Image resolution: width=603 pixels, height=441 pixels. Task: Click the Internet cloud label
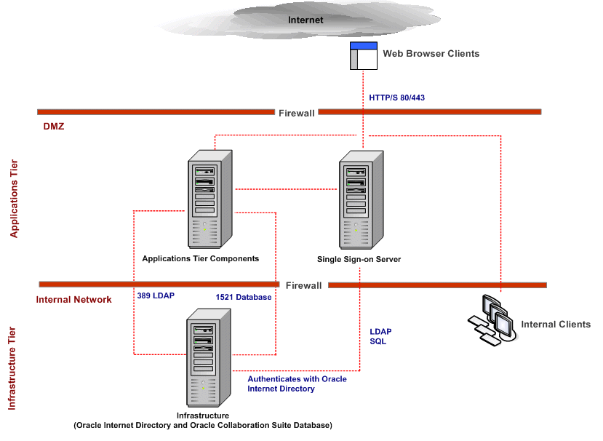pos(306,20)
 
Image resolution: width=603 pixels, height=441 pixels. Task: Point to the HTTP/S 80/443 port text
pos(396,98)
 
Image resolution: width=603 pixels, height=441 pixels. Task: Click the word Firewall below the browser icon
pos(296,113)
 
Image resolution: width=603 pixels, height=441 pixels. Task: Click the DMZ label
pos(54,126)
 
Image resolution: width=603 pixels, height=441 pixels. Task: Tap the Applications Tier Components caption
pos(201,259)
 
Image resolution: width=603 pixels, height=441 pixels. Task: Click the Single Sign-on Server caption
pos(359,260)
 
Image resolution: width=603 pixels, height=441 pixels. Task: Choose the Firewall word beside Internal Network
pos(303,285)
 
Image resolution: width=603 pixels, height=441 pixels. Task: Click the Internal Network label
pos(74,299)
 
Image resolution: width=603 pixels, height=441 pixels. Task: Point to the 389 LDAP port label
pos(155,296)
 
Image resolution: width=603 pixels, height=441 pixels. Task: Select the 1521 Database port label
pos(244,298)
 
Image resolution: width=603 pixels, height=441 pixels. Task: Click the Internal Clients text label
pos(556,325)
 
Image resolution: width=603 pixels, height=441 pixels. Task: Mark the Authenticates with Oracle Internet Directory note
pos(297,384)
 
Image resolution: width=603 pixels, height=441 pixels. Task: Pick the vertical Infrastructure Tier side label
pos(12,368)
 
